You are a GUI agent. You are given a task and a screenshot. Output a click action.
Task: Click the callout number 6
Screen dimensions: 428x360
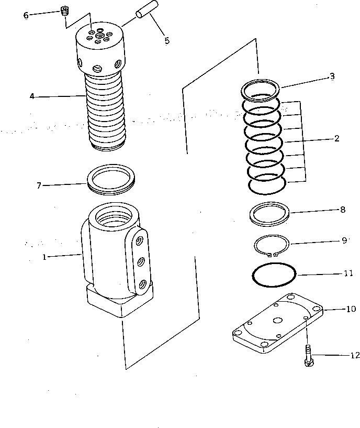click(26, 15)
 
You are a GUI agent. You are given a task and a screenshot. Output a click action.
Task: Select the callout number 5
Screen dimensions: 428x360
click(167, 40)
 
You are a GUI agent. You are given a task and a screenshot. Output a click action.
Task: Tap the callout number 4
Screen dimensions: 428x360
click(32, 96)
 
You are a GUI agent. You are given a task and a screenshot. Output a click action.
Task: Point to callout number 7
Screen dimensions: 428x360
click(38, 185)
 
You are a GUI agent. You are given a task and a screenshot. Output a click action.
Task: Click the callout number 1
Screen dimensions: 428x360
click(44, 257)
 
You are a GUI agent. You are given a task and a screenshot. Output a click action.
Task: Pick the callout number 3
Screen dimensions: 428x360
click(332, 76)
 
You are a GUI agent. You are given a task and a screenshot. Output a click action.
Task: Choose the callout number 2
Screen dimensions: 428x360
click(336, 139)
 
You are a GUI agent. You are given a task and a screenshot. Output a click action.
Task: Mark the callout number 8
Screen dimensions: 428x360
click(342, 210)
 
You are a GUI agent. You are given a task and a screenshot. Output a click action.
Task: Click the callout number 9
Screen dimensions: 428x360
click(344, 240)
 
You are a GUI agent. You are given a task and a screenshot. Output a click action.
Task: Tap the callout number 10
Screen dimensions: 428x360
click(351, 309)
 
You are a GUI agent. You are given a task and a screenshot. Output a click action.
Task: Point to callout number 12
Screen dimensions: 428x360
click(355, 356)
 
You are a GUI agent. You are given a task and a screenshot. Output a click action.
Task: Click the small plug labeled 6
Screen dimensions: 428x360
click(65, 10)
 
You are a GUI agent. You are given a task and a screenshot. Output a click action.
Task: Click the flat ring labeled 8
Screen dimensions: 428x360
click(269, 214)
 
